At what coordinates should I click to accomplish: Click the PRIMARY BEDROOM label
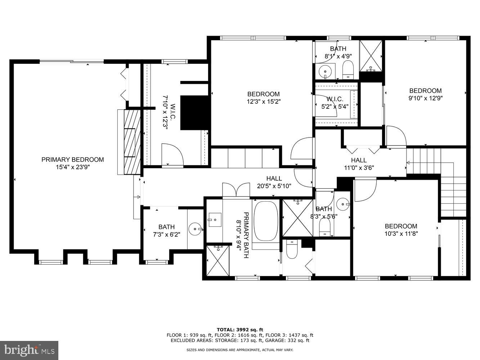pos(72,159)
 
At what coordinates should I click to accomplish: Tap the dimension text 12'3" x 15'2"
pos(263,102)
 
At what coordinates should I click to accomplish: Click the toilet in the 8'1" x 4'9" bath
pos(348,70)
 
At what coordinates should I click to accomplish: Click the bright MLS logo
pos(29,350)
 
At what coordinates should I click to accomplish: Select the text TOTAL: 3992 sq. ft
pos(240,329)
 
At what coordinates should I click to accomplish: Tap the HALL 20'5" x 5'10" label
pos(274,182)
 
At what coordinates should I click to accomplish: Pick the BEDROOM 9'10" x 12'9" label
pos(425,94)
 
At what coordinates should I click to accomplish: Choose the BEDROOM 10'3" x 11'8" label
pos(401,230)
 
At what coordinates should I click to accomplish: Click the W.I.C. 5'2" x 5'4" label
pos(335,103)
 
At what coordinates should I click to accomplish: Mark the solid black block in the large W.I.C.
pos(195,112)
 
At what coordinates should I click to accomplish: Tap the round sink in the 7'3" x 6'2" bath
pos(195,228)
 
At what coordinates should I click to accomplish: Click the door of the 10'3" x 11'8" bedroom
pos(365,190)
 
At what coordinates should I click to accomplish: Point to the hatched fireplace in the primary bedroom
pos(130,142)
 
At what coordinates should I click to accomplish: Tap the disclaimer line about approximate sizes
pos(240,350)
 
